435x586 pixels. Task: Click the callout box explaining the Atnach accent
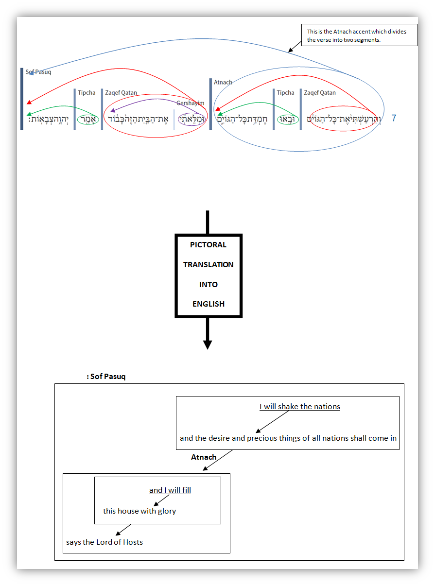coord(359,35)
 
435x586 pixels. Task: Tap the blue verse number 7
coord(394,118)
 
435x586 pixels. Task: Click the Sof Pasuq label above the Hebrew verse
coord(38,72)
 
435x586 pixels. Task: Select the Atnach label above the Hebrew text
coord(223,82)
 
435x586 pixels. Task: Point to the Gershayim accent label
coord(190,103)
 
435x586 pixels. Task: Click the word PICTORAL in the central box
coord(208,245)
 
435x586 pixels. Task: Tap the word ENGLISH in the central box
coord(208,304)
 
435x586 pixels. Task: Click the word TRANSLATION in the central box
coord(208,265)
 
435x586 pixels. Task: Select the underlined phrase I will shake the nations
coord(299,407)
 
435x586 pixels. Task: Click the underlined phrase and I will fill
coord(170,490)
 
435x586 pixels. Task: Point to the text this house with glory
coord(139,511)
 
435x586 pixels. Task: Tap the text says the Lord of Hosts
coord(104,542)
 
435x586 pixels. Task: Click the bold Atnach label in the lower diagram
coord(204,457)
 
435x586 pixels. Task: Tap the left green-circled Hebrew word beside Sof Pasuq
coord(88,119)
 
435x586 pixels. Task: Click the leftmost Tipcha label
coord(87,93)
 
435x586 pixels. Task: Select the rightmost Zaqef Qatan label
coord(320,93)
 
